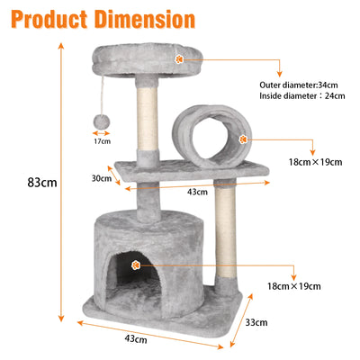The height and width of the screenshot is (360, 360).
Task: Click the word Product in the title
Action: pyautogui.click(x=49, y=20)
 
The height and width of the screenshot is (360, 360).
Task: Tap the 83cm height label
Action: pyautogui.click(x=42, y=183)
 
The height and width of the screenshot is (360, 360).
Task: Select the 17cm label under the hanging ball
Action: pyautogui.click(x=102, y=141)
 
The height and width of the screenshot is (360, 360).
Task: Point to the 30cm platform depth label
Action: pyautogui.click(x=102, y=178)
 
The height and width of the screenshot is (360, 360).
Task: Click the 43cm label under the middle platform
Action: pyautogui.click(x=197, y=192)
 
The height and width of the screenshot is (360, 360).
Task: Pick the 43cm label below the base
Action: pyautogui.click(x=136, y=339)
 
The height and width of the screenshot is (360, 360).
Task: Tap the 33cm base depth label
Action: pyautogui.click(x=256, y=323)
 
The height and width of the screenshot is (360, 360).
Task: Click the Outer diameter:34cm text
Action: pyautogui.click(x=299, y=85)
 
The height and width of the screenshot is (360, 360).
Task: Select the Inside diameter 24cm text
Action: pyautogui.click(x=302, y=96)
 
